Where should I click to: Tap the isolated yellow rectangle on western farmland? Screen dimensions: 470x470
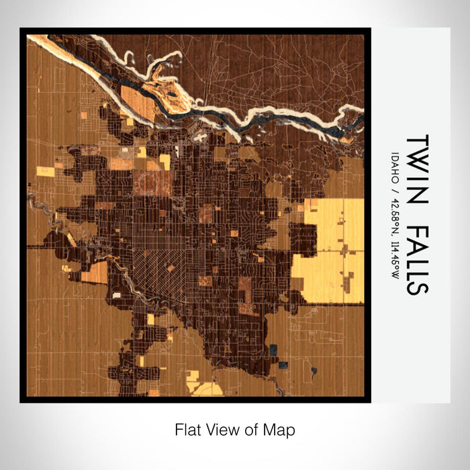pyautogui.click(x=45, y=171)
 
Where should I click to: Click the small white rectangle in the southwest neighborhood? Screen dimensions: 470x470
pyautogui.click(x=117, y=295)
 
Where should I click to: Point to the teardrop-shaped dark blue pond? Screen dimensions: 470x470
pyautogui.click(x=313, y=370)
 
